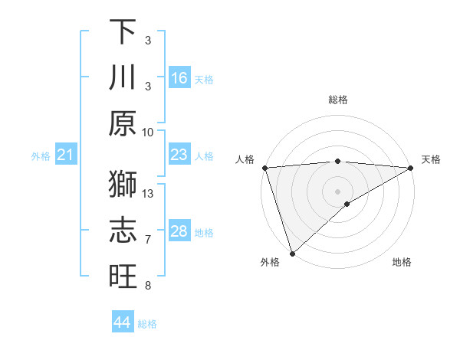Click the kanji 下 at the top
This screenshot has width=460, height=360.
(x=123, y=31)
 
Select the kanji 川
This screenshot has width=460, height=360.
(x=123, y=78)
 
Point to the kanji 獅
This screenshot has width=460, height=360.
(x=123, y=184)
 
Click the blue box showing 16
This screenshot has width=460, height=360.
(x=179, y=77)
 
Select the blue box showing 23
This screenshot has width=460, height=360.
(x=179, y=155)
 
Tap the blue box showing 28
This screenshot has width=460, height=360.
(x=179, y=231)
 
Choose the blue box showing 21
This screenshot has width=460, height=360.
(x=66, y=155)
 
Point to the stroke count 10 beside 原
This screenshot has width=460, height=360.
(x=148, y=132)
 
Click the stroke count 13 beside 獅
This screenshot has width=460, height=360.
(x=149, y=193)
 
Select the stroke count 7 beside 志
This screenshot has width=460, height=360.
(x=149, y=240)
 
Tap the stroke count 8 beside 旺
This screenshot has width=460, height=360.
(x=149, y=286)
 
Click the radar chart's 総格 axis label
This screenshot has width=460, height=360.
(x=338, y=100)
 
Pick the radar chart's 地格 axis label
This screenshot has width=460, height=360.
(x=402, y=263)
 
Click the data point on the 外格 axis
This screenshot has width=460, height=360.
(x=292, y=253)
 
